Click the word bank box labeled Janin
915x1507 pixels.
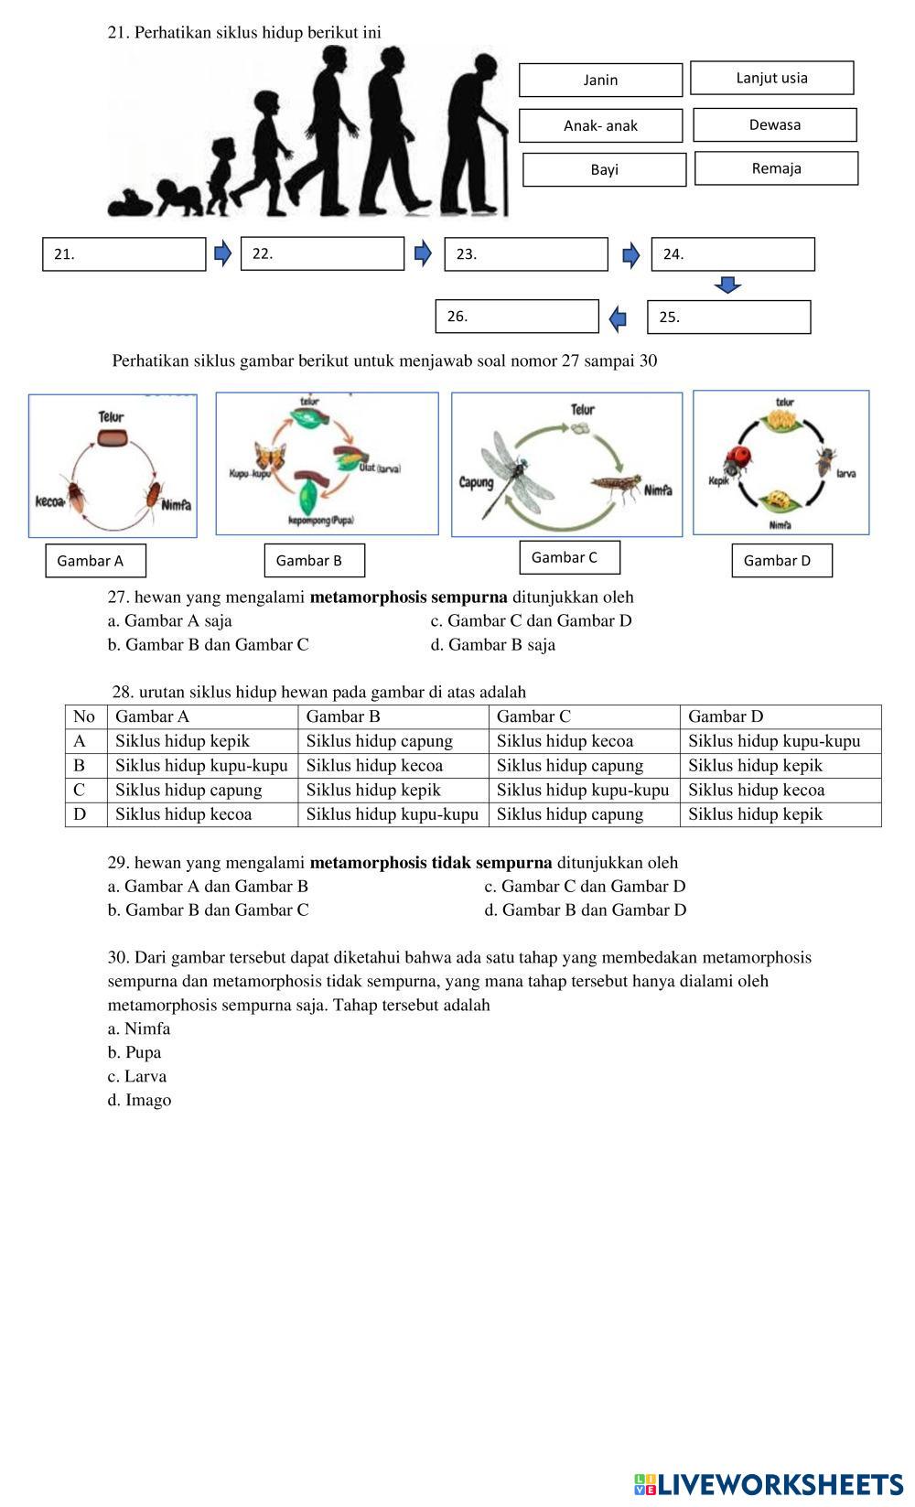tap(600, 80)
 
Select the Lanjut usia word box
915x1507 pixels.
tap(771, 78)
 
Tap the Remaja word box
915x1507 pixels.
tap(776, 168)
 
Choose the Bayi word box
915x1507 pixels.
tap(604, 169)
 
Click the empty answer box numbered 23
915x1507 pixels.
tap(526, 254)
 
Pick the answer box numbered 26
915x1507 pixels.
tap(517, 317)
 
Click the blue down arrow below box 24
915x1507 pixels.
tap(727, 285)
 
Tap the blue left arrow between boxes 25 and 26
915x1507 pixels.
tap(619, 318)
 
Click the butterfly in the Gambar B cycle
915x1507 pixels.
tap(271, 461)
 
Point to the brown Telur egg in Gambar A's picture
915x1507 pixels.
tap(112, 436)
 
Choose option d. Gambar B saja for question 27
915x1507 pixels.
tap(493, 644)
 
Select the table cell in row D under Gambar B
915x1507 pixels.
tap(392, 814)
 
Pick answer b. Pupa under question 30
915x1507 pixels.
tap(135, 1052)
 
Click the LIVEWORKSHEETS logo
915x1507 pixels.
tap(768, 1483)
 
